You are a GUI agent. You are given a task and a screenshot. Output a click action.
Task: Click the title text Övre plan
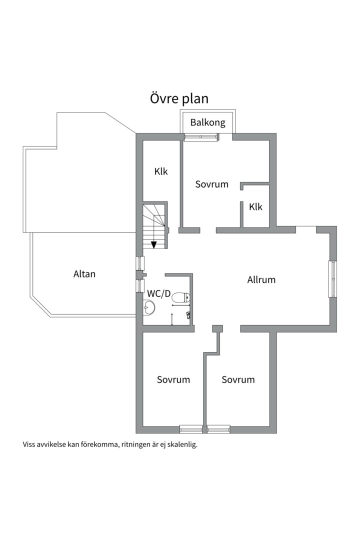coord(179,98)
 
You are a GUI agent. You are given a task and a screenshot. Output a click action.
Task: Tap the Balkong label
coord(207,122)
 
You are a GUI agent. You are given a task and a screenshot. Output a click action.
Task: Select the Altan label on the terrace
coord(84,274)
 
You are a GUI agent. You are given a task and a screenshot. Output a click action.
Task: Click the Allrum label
coord(261,279)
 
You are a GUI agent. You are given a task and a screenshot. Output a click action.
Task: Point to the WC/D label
coord(159,294)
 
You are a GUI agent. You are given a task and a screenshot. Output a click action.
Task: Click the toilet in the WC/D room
coord(181,297)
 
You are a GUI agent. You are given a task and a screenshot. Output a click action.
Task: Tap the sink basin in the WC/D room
coord(149,306)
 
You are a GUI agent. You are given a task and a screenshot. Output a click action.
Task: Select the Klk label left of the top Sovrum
coord(161,171)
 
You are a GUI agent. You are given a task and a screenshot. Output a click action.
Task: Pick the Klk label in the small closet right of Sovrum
coord(255,206)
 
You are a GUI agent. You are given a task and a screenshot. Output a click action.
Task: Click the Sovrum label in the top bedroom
coord(212,184)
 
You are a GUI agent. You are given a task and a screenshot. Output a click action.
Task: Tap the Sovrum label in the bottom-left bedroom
coord(173,379)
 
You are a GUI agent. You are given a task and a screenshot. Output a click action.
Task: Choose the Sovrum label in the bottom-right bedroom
coord(238,379)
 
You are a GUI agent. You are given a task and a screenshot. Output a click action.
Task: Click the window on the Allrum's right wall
coord(332,279)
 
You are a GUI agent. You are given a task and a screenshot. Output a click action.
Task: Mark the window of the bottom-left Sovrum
coord(191,429)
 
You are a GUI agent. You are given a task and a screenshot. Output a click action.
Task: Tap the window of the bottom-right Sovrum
coord(218,429)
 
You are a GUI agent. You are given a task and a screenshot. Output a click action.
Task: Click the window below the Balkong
coord(201,137)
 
